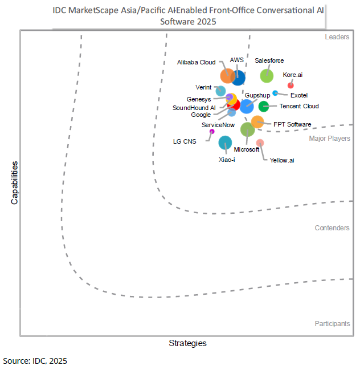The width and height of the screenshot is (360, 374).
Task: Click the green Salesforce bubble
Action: (x=267, y=75)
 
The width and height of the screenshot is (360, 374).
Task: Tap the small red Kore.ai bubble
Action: (x=291, y=86)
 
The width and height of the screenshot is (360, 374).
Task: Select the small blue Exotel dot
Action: (x=275, y=93)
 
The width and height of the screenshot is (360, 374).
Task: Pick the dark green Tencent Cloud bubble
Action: (x=264, y=106)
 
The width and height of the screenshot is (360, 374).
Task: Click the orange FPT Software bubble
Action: (x=257, y=121)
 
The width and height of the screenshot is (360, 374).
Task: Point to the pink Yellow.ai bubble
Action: (x=260, y=143)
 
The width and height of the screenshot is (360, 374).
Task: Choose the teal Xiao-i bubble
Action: (x=225, y=143)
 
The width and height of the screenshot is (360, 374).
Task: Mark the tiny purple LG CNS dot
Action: (x=212, y=132)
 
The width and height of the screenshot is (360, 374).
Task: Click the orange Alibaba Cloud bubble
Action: (x=227, y=75)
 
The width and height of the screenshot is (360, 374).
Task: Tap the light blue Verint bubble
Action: (x=221, y=91)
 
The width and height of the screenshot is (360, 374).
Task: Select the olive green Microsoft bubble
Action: (x=247, y=129)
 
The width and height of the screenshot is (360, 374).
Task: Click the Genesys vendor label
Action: (x=199, y=99)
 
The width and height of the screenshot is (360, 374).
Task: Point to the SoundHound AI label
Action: (x=194, y=107)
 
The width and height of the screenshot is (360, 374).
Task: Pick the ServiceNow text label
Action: (x=218, y=124)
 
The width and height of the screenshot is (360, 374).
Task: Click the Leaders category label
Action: (x=337, y=37)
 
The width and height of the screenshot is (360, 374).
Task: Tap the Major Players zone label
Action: (x=330, y=139)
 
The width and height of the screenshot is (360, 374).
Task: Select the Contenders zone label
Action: (x=332, y=228)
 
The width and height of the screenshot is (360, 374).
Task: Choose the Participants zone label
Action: (x=332, y=324)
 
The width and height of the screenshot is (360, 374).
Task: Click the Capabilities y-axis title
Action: (x=15, y=182)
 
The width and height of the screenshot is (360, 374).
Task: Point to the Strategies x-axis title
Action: (x=187, y=343)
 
